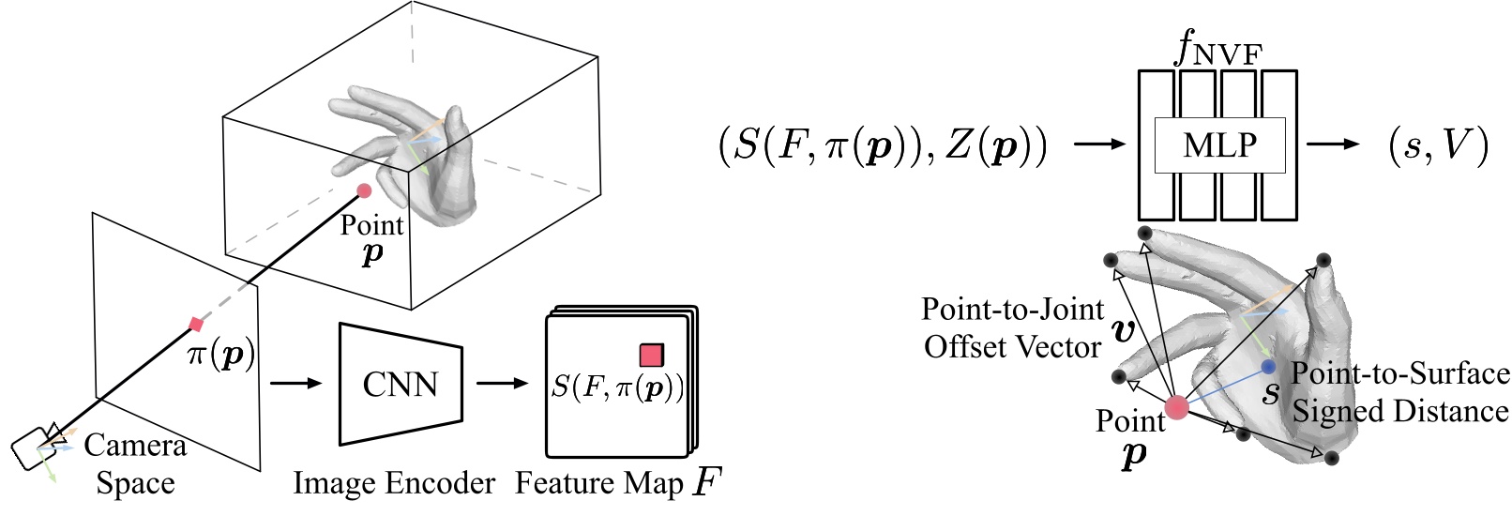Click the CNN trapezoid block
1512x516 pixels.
coord(401,384)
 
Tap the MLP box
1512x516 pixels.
coord(1219,145)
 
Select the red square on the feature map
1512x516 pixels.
coord(651,355)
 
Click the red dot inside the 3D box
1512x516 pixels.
coord(364,191)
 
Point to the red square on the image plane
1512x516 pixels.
coord(196,325)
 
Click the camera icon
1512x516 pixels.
coord(36,448)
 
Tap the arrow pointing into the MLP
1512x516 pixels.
coord(1097,145)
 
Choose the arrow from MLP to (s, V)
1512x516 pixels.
coord(1332,145)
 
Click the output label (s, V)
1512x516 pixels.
coord(1436,145)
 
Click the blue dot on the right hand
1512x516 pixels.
coord(1268,366)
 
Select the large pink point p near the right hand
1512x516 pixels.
coord(1176,407)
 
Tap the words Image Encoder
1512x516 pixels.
coord(394,483)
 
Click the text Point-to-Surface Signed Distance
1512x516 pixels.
coord(1399,392)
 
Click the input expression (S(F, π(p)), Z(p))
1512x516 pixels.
coord(882,147)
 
